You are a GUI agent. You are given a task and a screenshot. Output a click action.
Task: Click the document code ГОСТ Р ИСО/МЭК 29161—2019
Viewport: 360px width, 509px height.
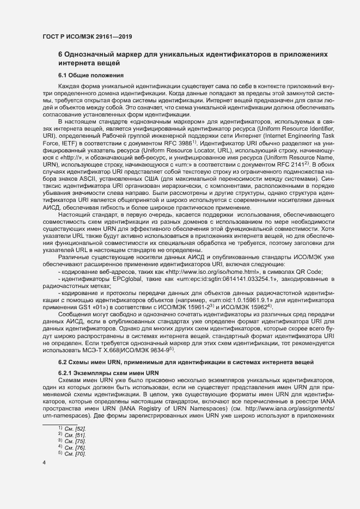pyautogui.click(x=88, y=36)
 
